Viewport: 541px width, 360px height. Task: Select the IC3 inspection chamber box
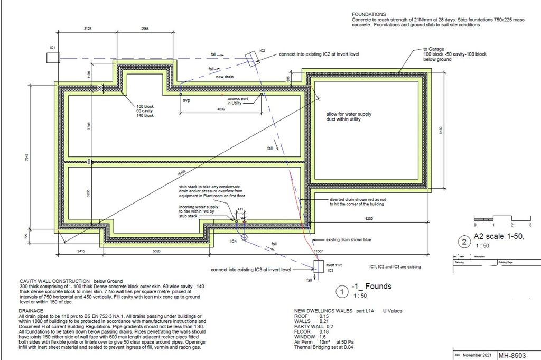(318, 265)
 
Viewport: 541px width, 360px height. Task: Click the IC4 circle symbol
(244, 238)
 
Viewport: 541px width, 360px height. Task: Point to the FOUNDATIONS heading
(369, 14)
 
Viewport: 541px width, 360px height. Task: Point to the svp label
(186, 99)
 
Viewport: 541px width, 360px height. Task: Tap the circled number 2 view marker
(464, 243)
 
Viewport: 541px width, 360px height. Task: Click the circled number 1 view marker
(342, 291)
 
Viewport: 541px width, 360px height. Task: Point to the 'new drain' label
(225, 77)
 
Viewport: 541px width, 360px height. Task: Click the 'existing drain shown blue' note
(349, 240)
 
